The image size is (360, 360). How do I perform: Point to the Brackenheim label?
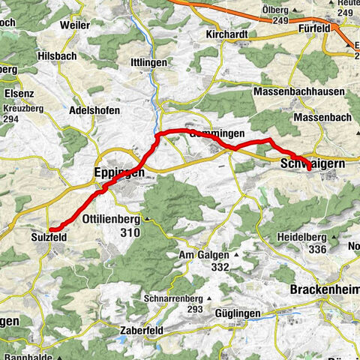coord(323,289)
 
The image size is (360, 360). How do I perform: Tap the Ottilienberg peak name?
coord(112,220)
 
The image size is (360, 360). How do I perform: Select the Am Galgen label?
coord(204,255)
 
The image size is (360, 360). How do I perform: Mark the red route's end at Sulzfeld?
coord(50,229)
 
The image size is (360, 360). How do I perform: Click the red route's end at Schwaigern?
coord(308,170)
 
